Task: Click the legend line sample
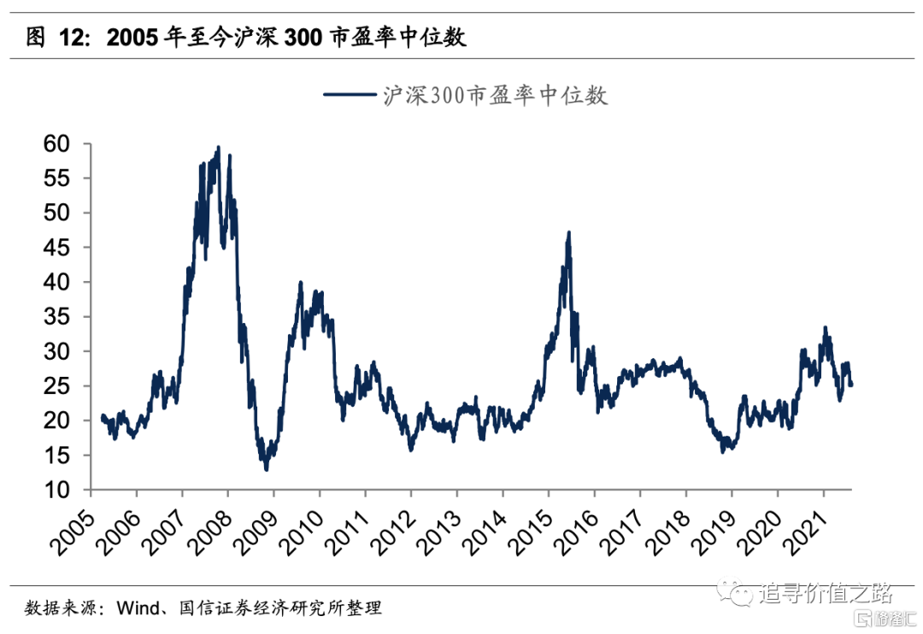[350, 95]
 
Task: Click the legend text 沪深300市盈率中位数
[495, 95]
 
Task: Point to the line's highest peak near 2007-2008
[219, 147]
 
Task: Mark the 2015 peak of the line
[568, 232]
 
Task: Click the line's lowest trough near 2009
[266, 469]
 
